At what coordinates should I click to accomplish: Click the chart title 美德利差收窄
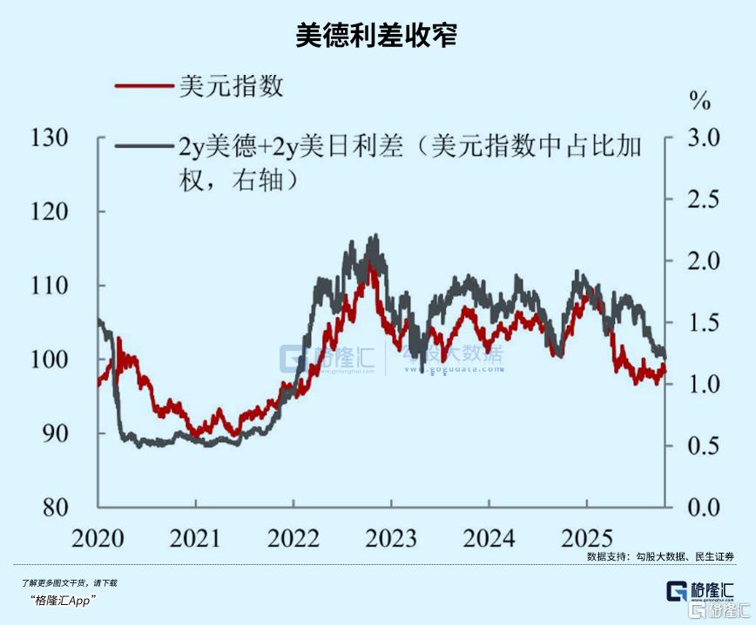coord(376,36)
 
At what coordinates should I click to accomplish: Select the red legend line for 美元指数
coord(144,87)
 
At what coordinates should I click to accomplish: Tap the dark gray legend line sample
coord(144,146)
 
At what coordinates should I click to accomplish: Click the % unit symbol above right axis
coord(700,101)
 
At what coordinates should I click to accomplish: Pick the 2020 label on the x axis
coord(98,538)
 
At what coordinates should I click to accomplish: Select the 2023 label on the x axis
coord(391,538)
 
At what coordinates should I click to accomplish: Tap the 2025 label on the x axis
coord(586,538)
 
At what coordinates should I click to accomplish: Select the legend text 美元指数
coord(232,87)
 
